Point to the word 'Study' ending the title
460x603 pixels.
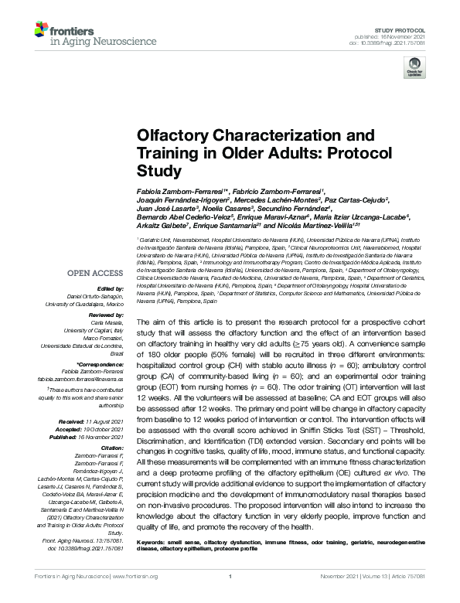tap(158, 170)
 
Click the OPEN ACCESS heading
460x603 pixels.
tap(95, 274)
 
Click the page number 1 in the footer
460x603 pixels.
tap(230, 598)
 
